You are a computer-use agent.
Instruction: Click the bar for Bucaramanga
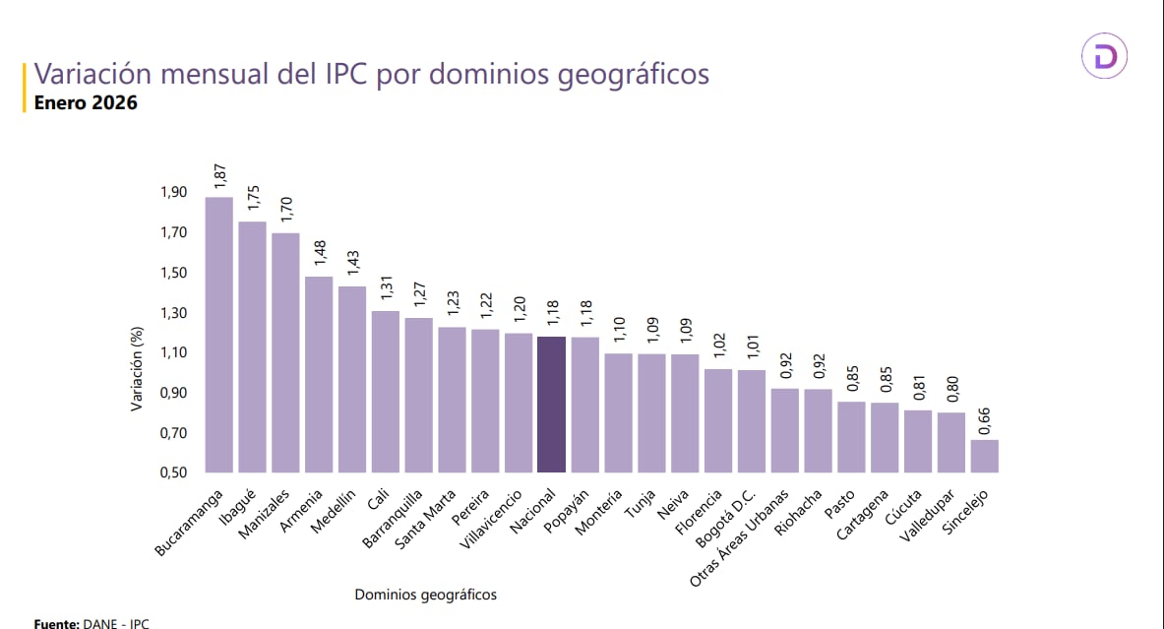tap(218, 335)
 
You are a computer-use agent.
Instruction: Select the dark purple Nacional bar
tap(551, 405)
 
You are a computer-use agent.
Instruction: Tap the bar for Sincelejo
tap(984, 456)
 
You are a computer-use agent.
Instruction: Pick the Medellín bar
tap(352, 379)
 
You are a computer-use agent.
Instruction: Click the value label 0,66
tap(985, 418)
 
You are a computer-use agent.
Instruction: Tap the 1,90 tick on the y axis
tap(173, 192)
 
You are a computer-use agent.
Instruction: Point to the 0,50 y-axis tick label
tap(173, 472)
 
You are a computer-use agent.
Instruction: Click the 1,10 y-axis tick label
tap(173, 352)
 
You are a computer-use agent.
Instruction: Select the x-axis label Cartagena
tap(863, 514)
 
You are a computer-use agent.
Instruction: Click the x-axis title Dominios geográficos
tap(425, 595)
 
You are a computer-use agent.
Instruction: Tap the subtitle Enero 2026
tap(86, 102)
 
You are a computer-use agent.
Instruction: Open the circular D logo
tap(1104, 56)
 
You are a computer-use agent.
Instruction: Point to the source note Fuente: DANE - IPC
tap(78, 623)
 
